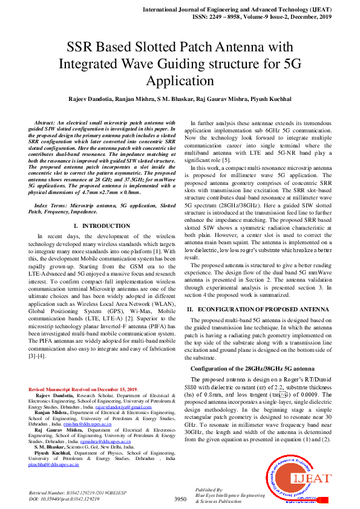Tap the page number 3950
click(180, 499)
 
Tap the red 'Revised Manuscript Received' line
click(83, 389)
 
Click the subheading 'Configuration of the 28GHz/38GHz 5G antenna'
click(252, 368)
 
